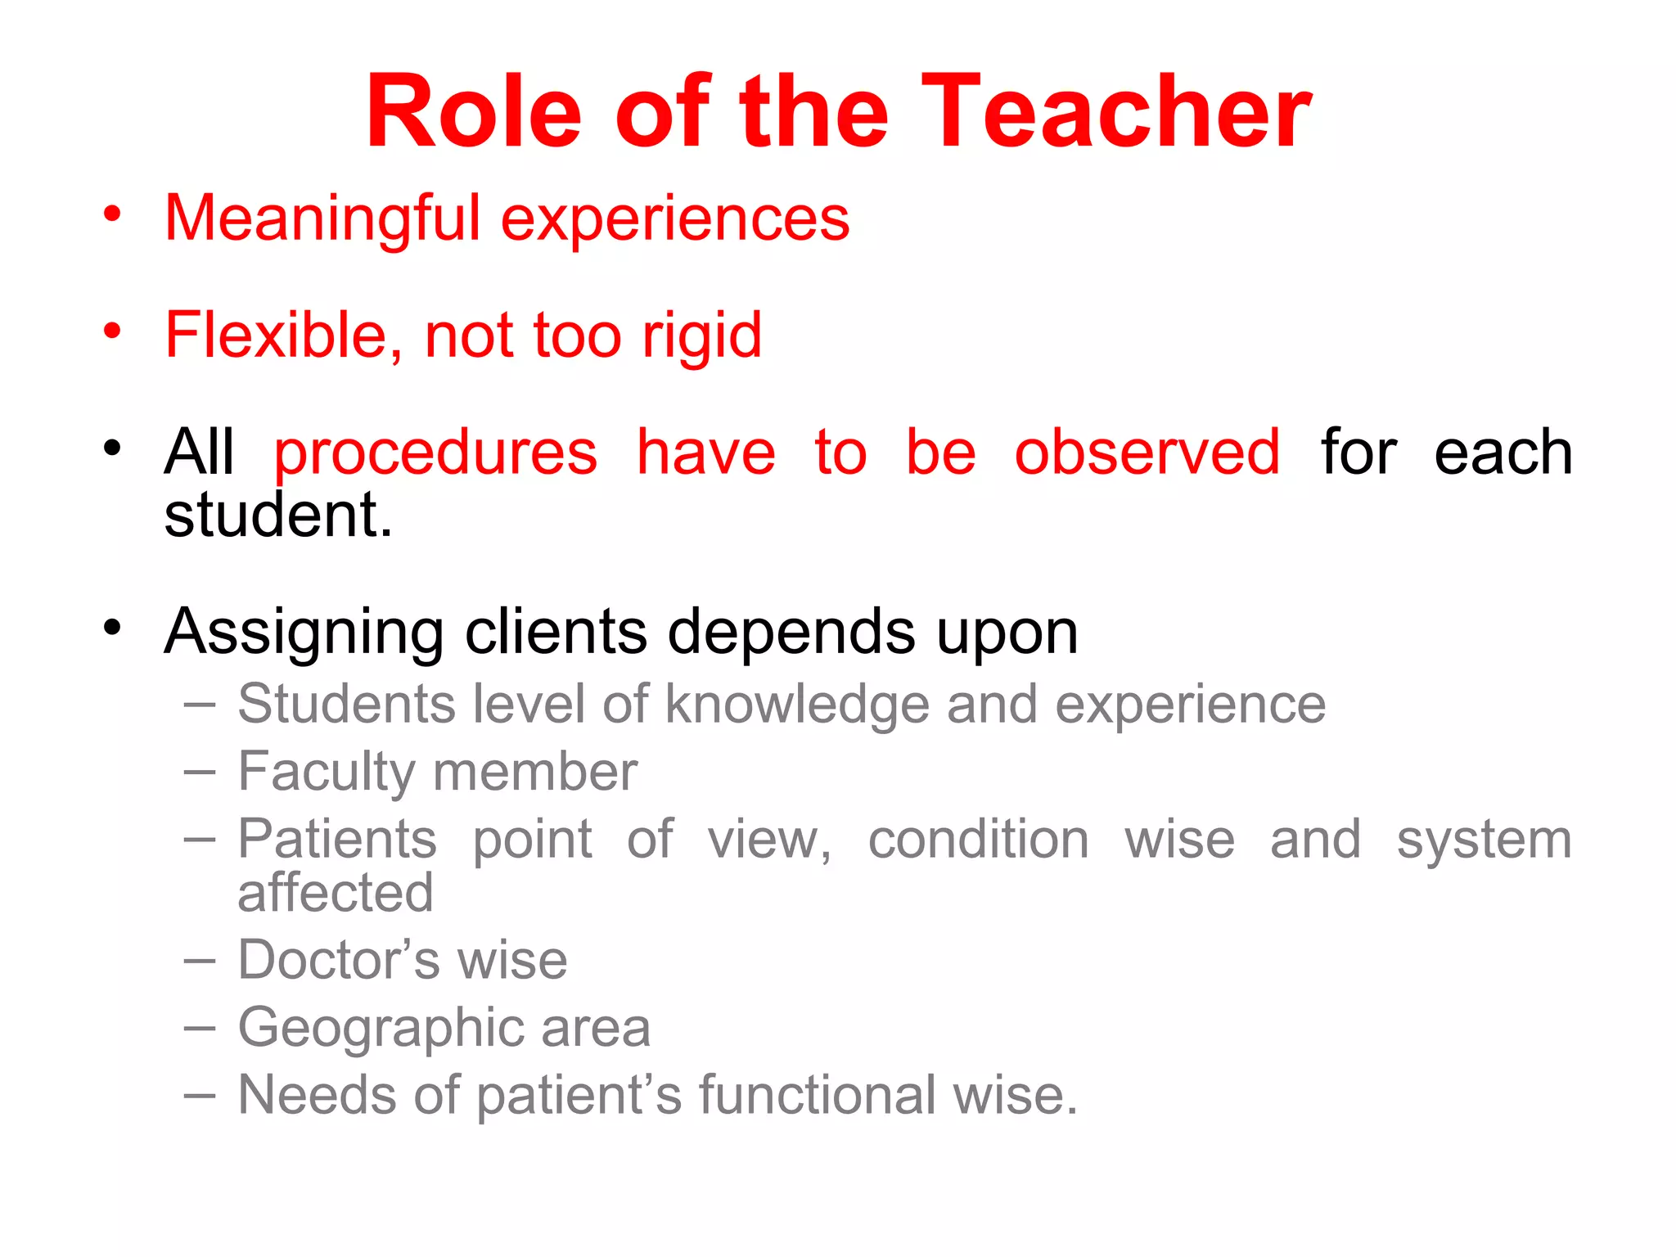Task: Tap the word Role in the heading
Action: [x=473, y=111]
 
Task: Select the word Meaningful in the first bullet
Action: [x=322, y=219]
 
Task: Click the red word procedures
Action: [x=435, y=453]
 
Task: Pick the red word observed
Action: [x=1147, y=453]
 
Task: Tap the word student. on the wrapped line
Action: [x=278, y=516]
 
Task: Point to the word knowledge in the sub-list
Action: [x=797, y=705]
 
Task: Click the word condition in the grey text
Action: [x=978, y=840]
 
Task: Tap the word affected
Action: [x=336, y=893]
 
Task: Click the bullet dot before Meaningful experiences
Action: [x=112, y=215]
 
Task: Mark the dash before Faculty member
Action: [x=200, y=772]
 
